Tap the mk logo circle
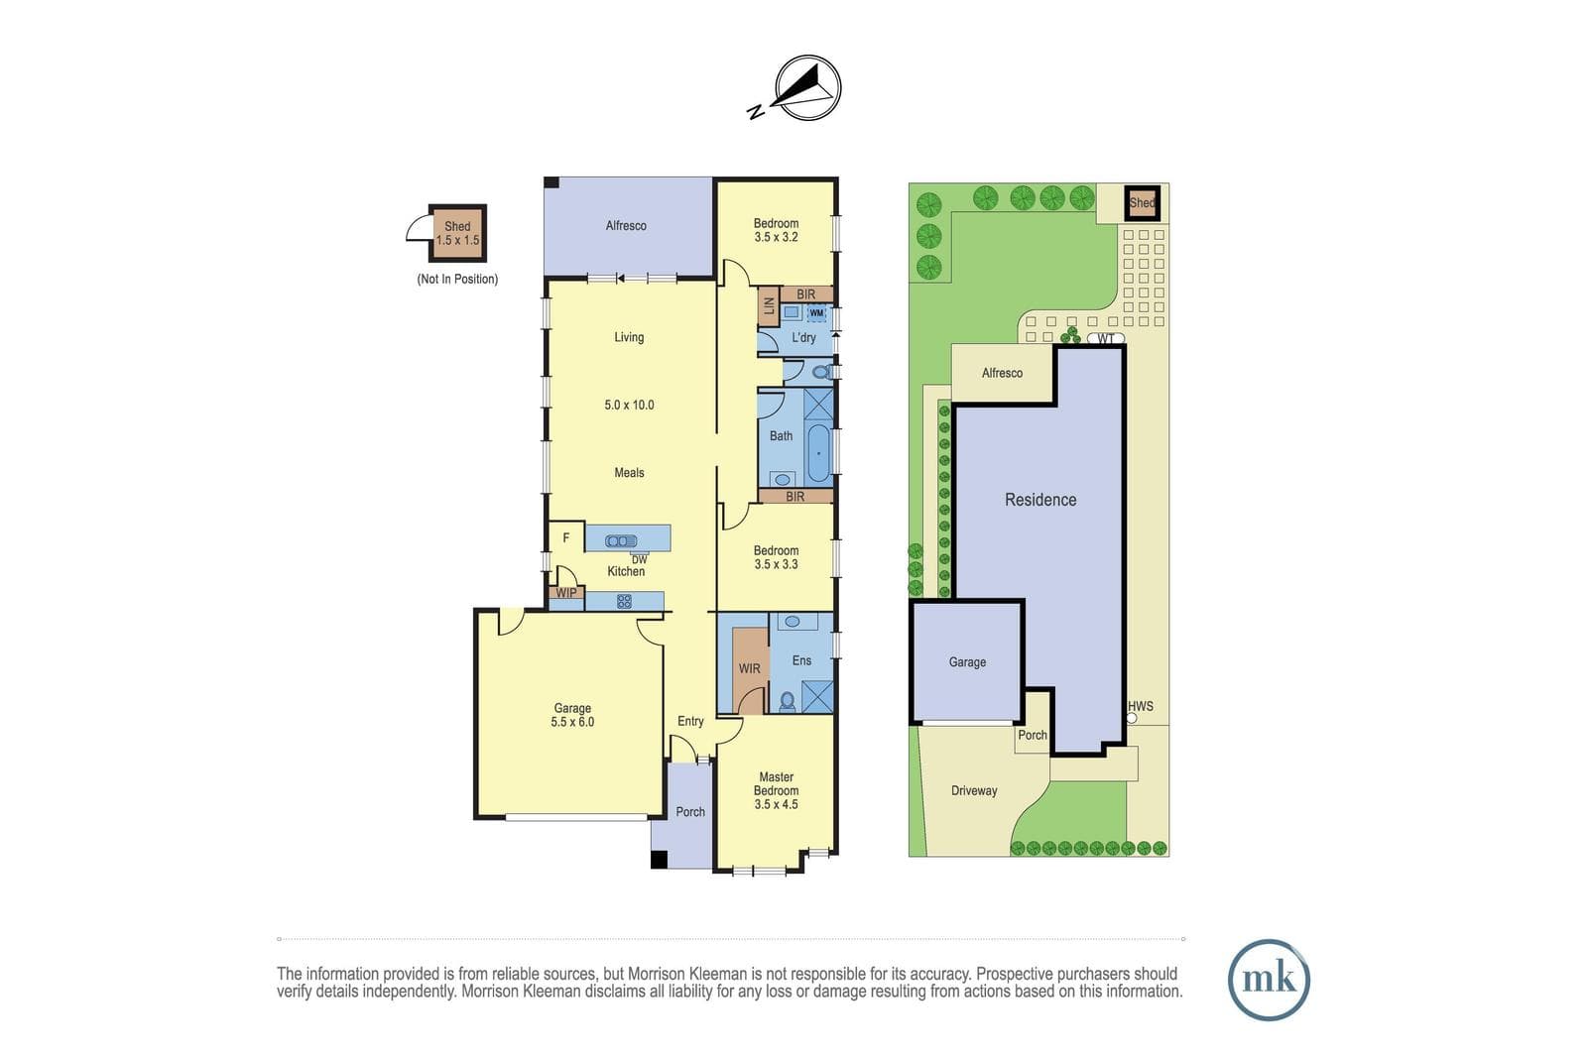[x=1269, y=980]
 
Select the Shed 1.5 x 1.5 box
[x=457, y=233]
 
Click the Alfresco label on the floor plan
[x=626, y=226]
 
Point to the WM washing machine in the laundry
[x=817, y=313]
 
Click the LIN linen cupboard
[x=769, y=306]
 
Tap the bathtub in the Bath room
[x=819, y=452]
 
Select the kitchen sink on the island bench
[x=621, y=541]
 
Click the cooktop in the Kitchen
[x=624, y=601]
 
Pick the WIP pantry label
[x=566, y=593]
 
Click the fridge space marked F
[x=566, y=538]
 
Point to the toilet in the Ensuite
[x=788, y=701]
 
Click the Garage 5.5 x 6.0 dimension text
[x=572, y=722]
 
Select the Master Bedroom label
[x=777, y=784]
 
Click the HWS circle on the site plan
[x=1132, y=718]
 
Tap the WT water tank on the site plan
[x=1106, y=338]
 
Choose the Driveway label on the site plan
[x=974, y=790]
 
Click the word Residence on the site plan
[x=1040, y=500]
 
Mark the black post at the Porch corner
[x=659, y=859]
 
